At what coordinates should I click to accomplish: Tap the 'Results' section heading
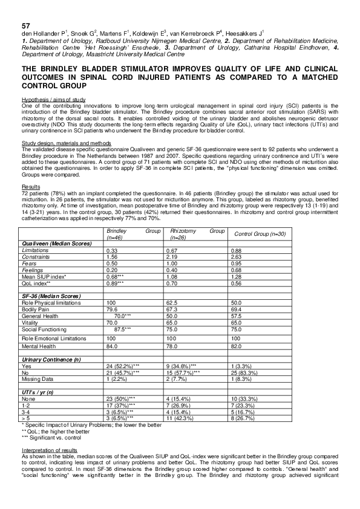point(29,187)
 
